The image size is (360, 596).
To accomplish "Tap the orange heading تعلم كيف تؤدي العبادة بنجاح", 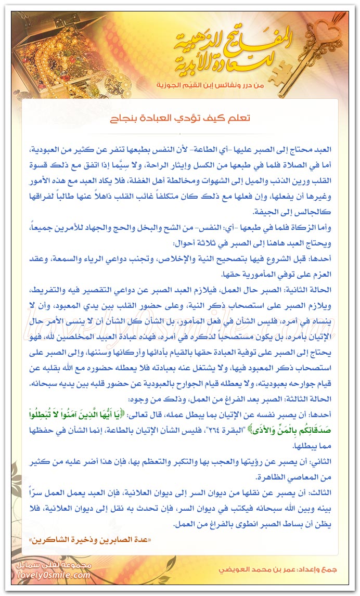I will [x=179, y=119].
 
